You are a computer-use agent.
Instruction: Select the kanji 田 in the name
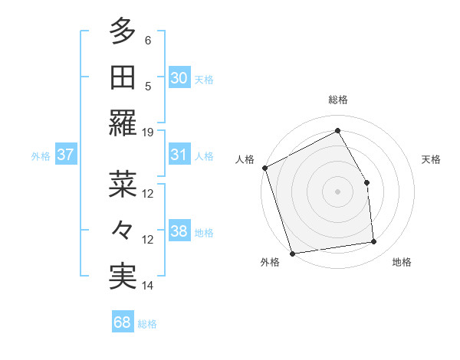[x=123, y=77]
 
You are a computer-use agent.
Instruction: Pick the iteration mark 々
[x=123, y=231]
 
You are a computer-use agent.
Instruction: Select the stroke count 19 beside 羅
[x=148, y=132]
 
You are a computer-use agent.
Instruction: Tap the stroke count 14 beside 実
[x=148, y=286]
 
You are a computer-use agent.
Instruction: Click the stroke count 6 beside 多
[x=148, y=39]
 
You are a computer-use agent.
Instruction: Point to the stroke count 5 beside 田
[x=148, y=86]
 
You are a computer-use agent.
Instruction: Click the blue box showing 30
[x=179, y=77]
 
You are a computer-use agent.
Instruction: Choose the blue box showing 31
[x=179, y=155]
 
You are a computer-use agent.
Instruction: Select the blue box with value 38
[x=179, y=232]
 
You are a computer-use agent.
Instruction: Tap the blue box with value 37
[x=65, y=155]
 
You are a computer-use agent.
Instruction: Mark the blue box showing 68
[x=122, y=322]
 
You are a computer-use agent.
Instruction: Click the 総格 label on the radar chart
[x=337, y=100]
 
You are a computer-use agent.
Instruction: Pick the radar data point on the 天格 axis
[x=366, y=182]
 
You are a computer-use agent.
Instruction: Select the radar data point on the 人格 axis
[x=264, y=168]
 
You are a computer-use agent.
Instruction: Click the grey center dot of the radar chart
[x=337, y=191]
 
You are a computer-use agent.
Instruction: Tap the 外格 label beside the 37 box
[x=41, y=156]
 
